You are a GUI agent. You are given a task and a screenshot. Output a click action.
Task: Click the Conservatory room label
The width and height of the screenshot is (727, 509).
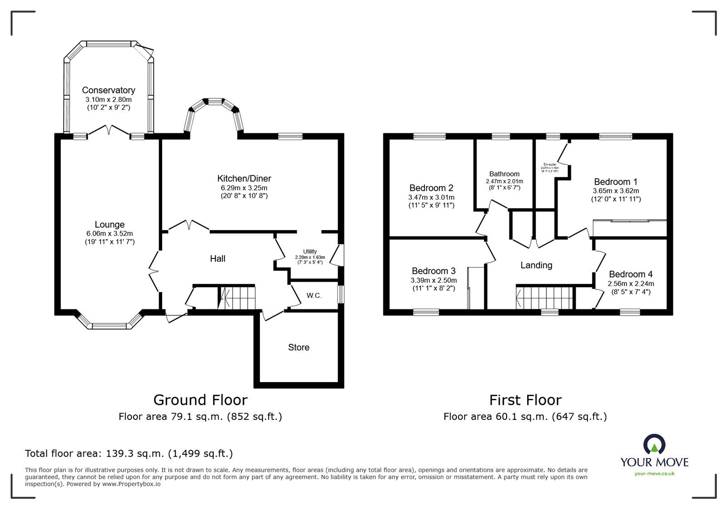pyautogui.click(x=108, y=90)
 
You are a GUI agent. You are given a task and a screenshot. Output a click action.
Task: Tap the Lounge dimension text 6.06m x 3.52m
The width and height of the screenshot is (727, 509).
pyautogui.click(x=110, y=233)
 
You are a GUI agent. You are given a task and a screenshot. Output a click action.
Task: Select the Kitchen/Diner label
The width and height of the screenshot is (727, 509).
pyautogui.click(x=244, y=178)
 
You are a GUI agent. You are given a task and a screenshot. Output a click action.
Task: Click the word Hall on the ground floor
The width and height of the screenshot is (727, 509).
pyautogui.click(x=218, y=258)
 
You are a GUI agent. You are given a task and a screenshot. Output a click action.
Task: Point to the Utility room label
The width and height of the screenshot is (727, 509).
pyautogui.click(x=310, y=252)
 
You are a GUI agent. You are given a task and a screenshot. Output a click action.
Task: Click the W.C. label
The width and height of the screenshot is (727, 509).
pyautogui.click(x=314, y=296)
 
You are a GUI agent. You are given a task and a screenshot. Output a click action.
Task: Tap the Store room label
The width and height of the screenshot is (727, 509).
pyautogui.click(x=299, y=347)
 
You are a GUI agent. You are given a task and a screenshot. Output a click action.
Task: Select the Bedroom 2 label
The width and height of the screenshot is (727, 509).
pyautogui.click(x=431, y=188)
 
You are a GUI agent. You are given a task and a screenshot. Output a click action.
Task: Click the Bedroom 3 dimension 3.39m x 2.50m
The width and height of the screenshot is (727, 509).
pyautogui.click(x=433, y=280)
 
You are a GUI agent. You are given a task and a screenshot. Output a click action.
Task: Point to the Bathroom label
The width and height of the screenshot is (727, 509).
pyautogui.click(x=504, y=174)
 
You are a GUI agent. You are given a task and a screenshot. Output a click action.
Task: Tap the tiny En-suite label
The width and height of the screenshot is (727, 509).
pyautogui.click(x=549, y=165)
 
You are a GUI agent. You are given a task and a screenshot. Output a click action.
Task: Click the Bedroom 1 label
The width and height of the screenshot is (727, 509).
pyautogui.click(x=612, y=181)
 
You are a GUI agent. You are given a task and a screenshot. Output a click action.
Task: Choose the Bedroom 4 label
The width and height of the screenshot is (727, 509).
pyautogui.click(x=631, y=274)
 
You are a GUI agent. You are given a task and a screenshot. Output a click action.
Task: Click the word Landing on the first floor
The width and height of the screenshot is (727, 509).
pyautogui.click(x=536, y=265)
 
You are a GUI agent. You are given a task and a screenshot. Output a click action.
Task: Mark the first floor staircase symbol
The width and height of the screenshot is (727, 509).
pyautogui.click(x=544, y=297)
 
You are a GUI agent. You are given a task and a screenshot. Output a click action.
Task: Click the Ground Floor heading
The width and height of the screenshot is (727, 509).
pyautogui.click(x=200, y=400)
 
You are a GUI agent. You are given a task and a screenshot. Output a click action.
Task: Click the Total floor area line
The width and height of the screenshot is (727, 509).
pyautogui.click(x=129, y=454)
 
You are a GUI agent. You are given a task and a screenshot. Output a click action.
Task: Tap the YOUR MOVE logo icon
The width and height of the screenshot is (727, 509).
pyautogui.click(x=654, y=444)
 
